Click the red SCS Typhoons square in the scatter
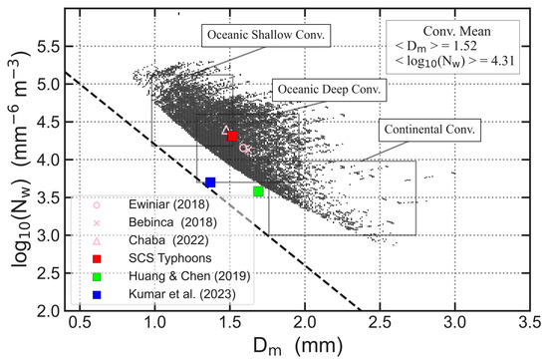pyautogui.click(x=232, y=136)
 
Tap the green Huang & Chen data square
pyautogui.click(x=258, y=191)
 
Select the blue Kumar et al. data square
pyautogui.click(x=210, y=182)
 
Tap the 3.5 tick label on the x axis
pyautogui.click(x=530, y=326)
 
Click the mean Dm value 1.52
pyautogui.click(x=468, y=48)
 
